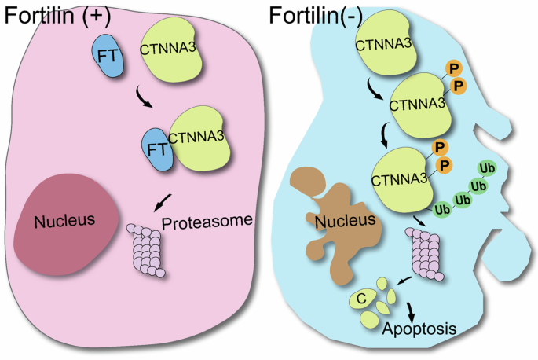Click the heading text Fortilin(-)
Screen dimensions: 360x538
pyautogui.click(x=322, y=14)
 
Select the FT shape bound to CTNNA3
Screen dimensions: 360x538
pyautogui.click(x=158, y=149)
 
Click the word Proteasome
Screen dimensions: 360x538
pyautogui.click(x=207, y=222)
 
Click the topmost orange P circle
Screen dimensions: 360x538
pyautogui.click(x=453, y=68)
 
